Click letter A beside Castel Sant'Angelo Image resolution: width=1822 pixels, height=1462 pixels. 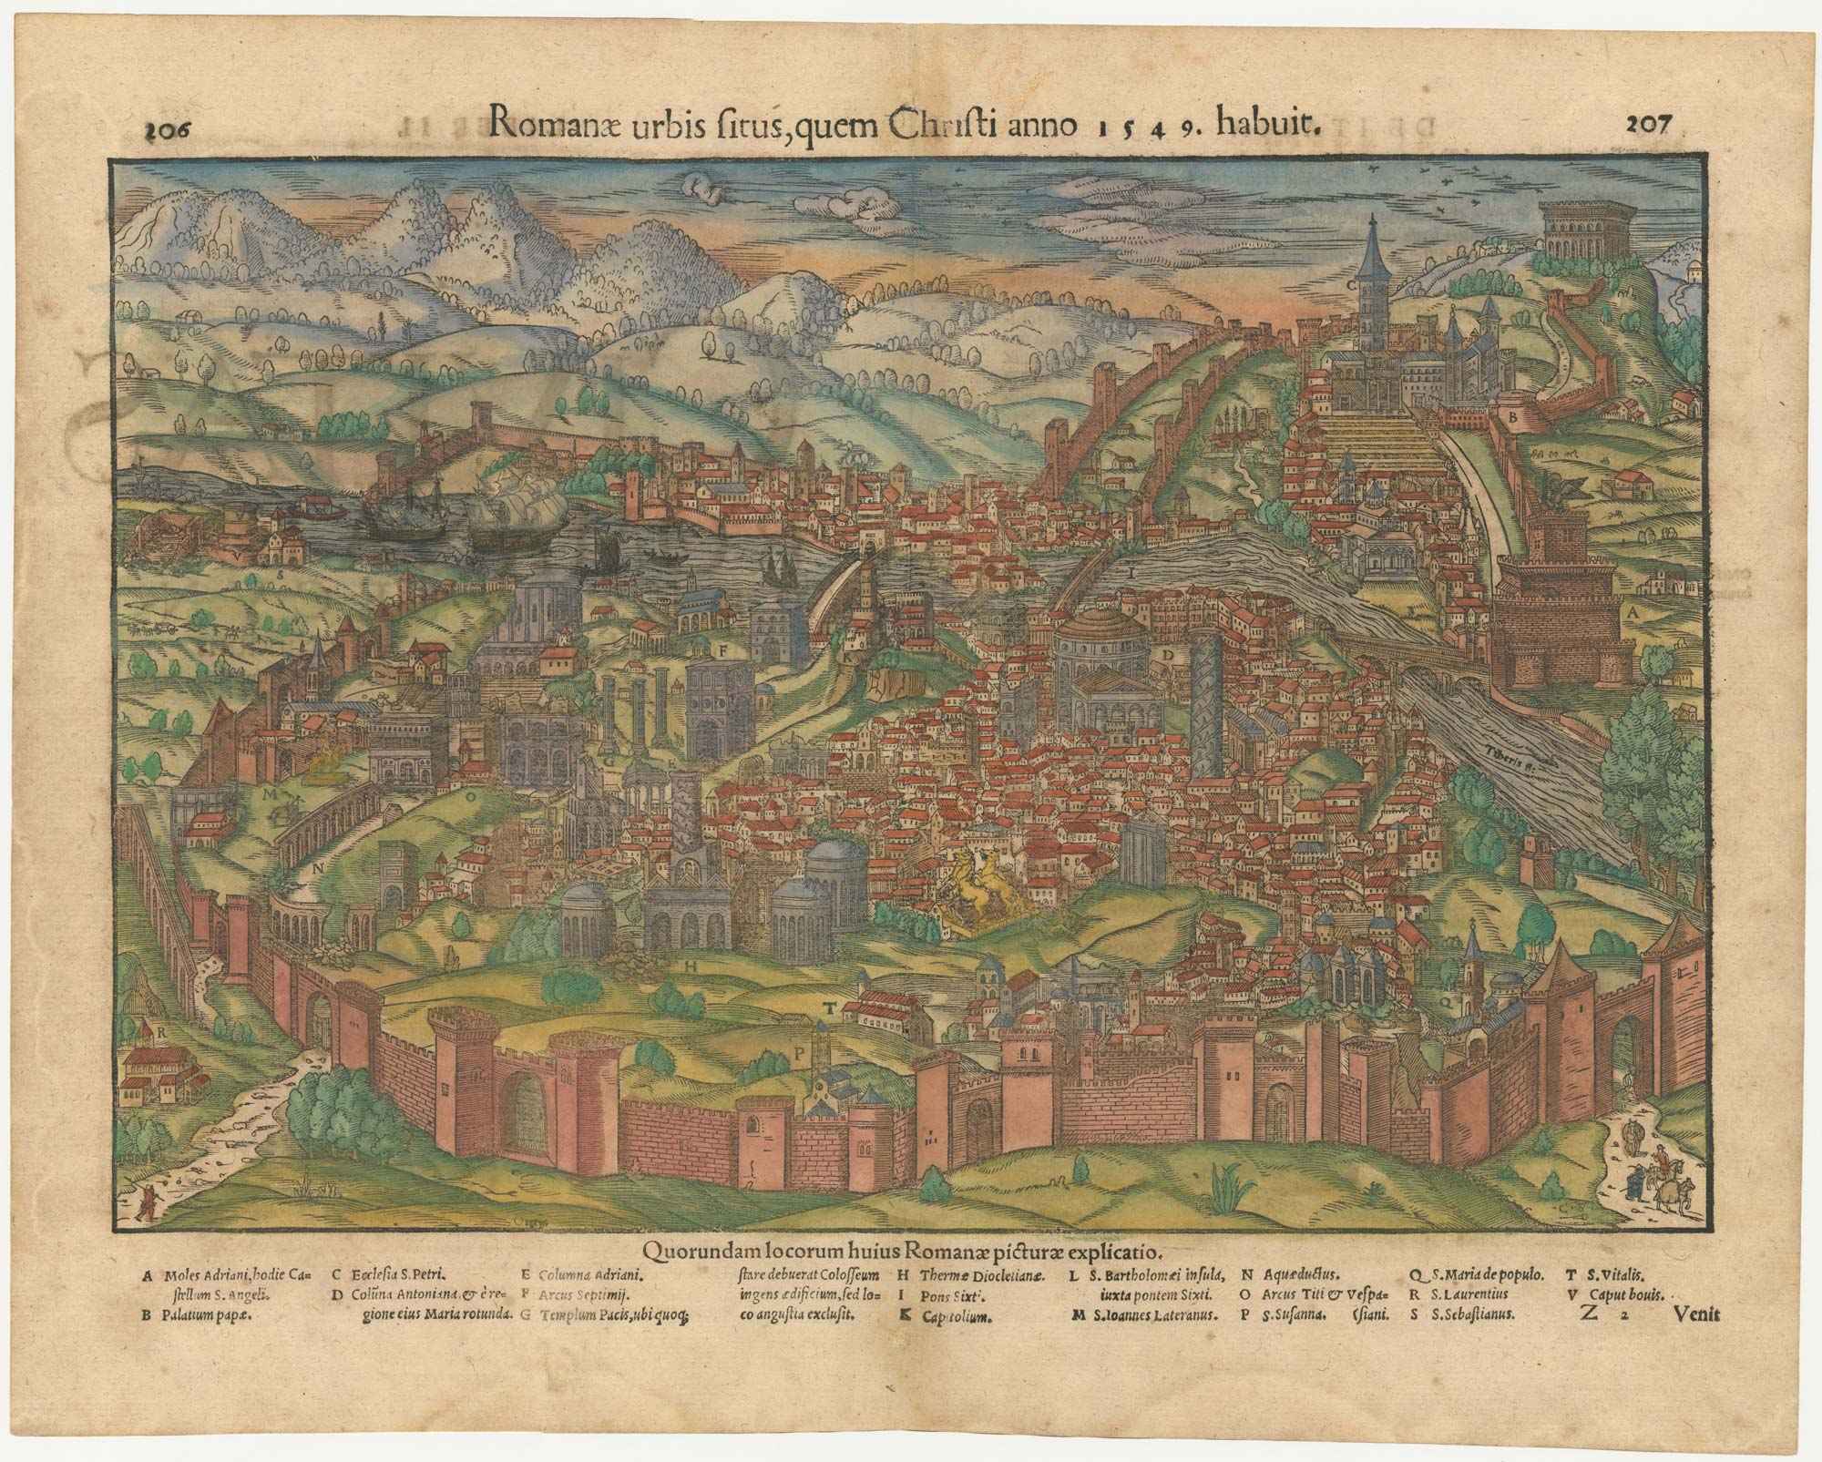[x=1633, y=614]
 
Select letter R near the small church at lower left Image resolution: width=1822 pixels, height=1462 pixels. [x=160, y=1032]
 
